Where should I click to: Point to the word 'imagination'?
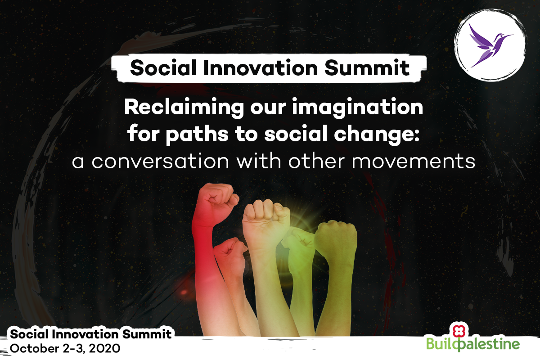click(x=357, y=108)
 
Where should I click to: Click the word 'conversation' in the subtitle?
click(x=160, y=161)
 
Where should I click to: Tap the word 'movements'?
click(x=414, y=161)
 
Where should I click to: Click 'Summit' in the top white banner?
click(x=367, y=68)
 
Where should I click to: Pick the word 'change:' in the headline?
click(x=377, y=134)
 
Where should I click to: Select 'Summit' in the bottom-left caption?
click(x=147, y=334)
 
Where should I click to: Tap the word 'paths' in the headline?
click(x=197, y=134)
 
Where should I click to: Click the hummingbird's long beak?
click(x=506, y=36)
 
